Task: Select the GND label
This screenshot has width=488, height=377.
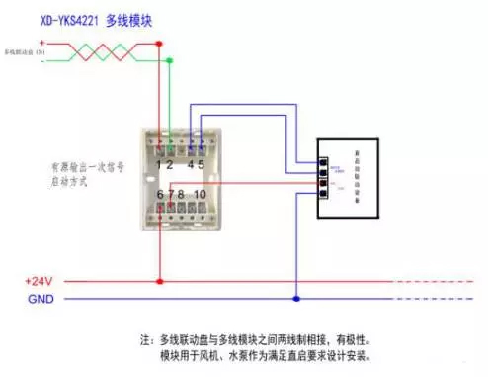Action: [40, 299]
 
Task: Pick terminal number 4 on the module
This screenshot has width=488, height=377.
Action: [190, 165]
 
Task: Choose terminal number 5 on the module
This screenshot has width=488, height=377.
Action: [201, 165]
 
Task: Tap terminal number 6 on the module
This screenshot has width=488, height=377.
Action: [159, 194]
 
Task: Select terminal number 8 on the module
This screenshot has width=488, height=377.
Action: [180, 194]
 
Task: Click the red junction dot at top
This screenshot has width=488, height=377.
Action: [161, 43]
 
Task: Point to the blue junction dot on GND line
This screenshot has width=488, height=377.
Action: [294, 298]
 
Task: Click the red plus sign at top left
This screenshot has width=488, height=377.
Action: [41, 43]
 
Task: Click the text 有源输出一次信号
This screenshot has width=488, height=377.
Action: [87, 167]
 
